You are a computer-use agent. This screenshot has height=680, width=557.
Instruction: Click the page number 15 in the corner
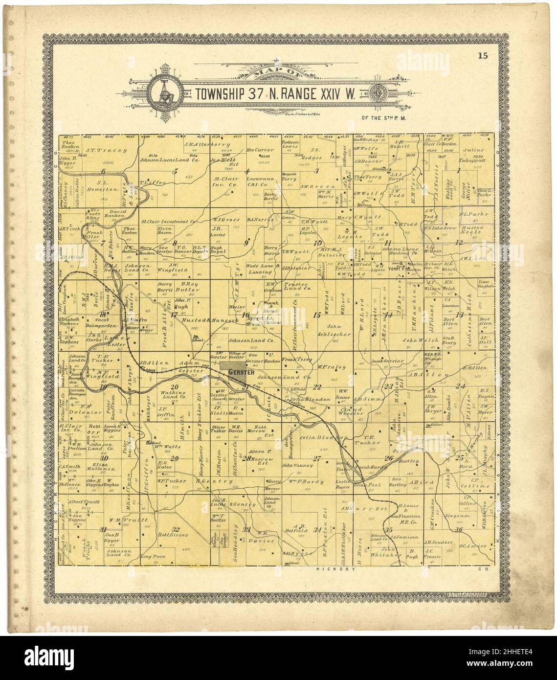point(483,55)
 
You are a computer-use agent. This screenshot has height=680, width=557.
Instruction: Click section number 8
point(175,243)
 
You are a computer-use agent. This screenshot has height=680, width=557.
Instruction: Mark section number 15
point(317,315)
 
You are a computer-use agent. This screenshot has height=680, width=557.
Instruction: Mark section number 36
point(458,529)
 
